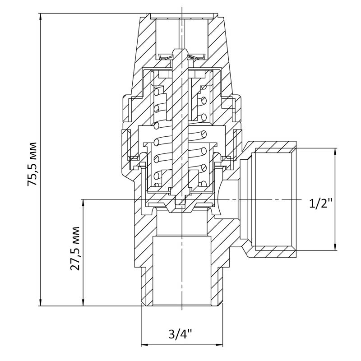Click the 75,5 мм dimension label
coord(32,164)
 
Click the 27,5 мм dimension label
coord(75,249)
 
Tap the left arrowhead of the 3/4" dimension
coord(144,345)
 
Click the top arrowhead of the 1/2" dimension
coord(335,152)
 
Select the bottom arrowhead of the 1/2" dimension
coord(335,247)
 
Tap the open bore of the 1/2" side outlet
coord(273,199)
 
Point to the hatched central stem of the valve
coord(182,125)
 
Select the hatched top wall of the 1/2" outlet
coord(272,147)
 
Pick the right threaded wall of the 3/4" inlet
coord(217,287)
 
